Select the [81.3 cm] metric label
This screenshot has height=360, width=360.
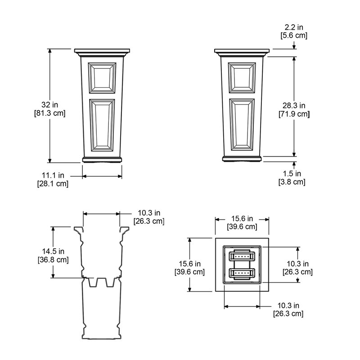pos(50,113)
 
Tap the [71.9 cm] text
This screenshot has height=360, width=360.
pos(294,114)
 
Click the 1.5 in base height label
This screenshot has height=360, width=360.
pos(292,173)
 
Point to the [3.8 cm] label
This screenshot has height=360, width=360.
pos(292,182)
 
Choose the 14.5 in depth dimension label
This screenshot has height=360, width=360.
pos(53,251)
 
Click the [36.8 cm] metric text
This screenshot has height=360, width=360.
pos(53,260)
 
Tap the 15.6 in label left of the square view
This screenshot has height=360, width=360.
pos(189,264)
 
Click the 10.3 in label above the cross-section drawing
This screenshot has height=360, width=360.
pos(148,212)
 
